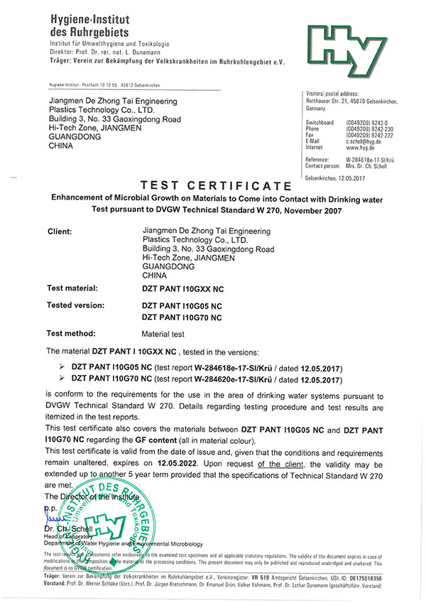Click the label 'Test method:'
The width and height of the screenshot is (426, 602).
70,333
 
